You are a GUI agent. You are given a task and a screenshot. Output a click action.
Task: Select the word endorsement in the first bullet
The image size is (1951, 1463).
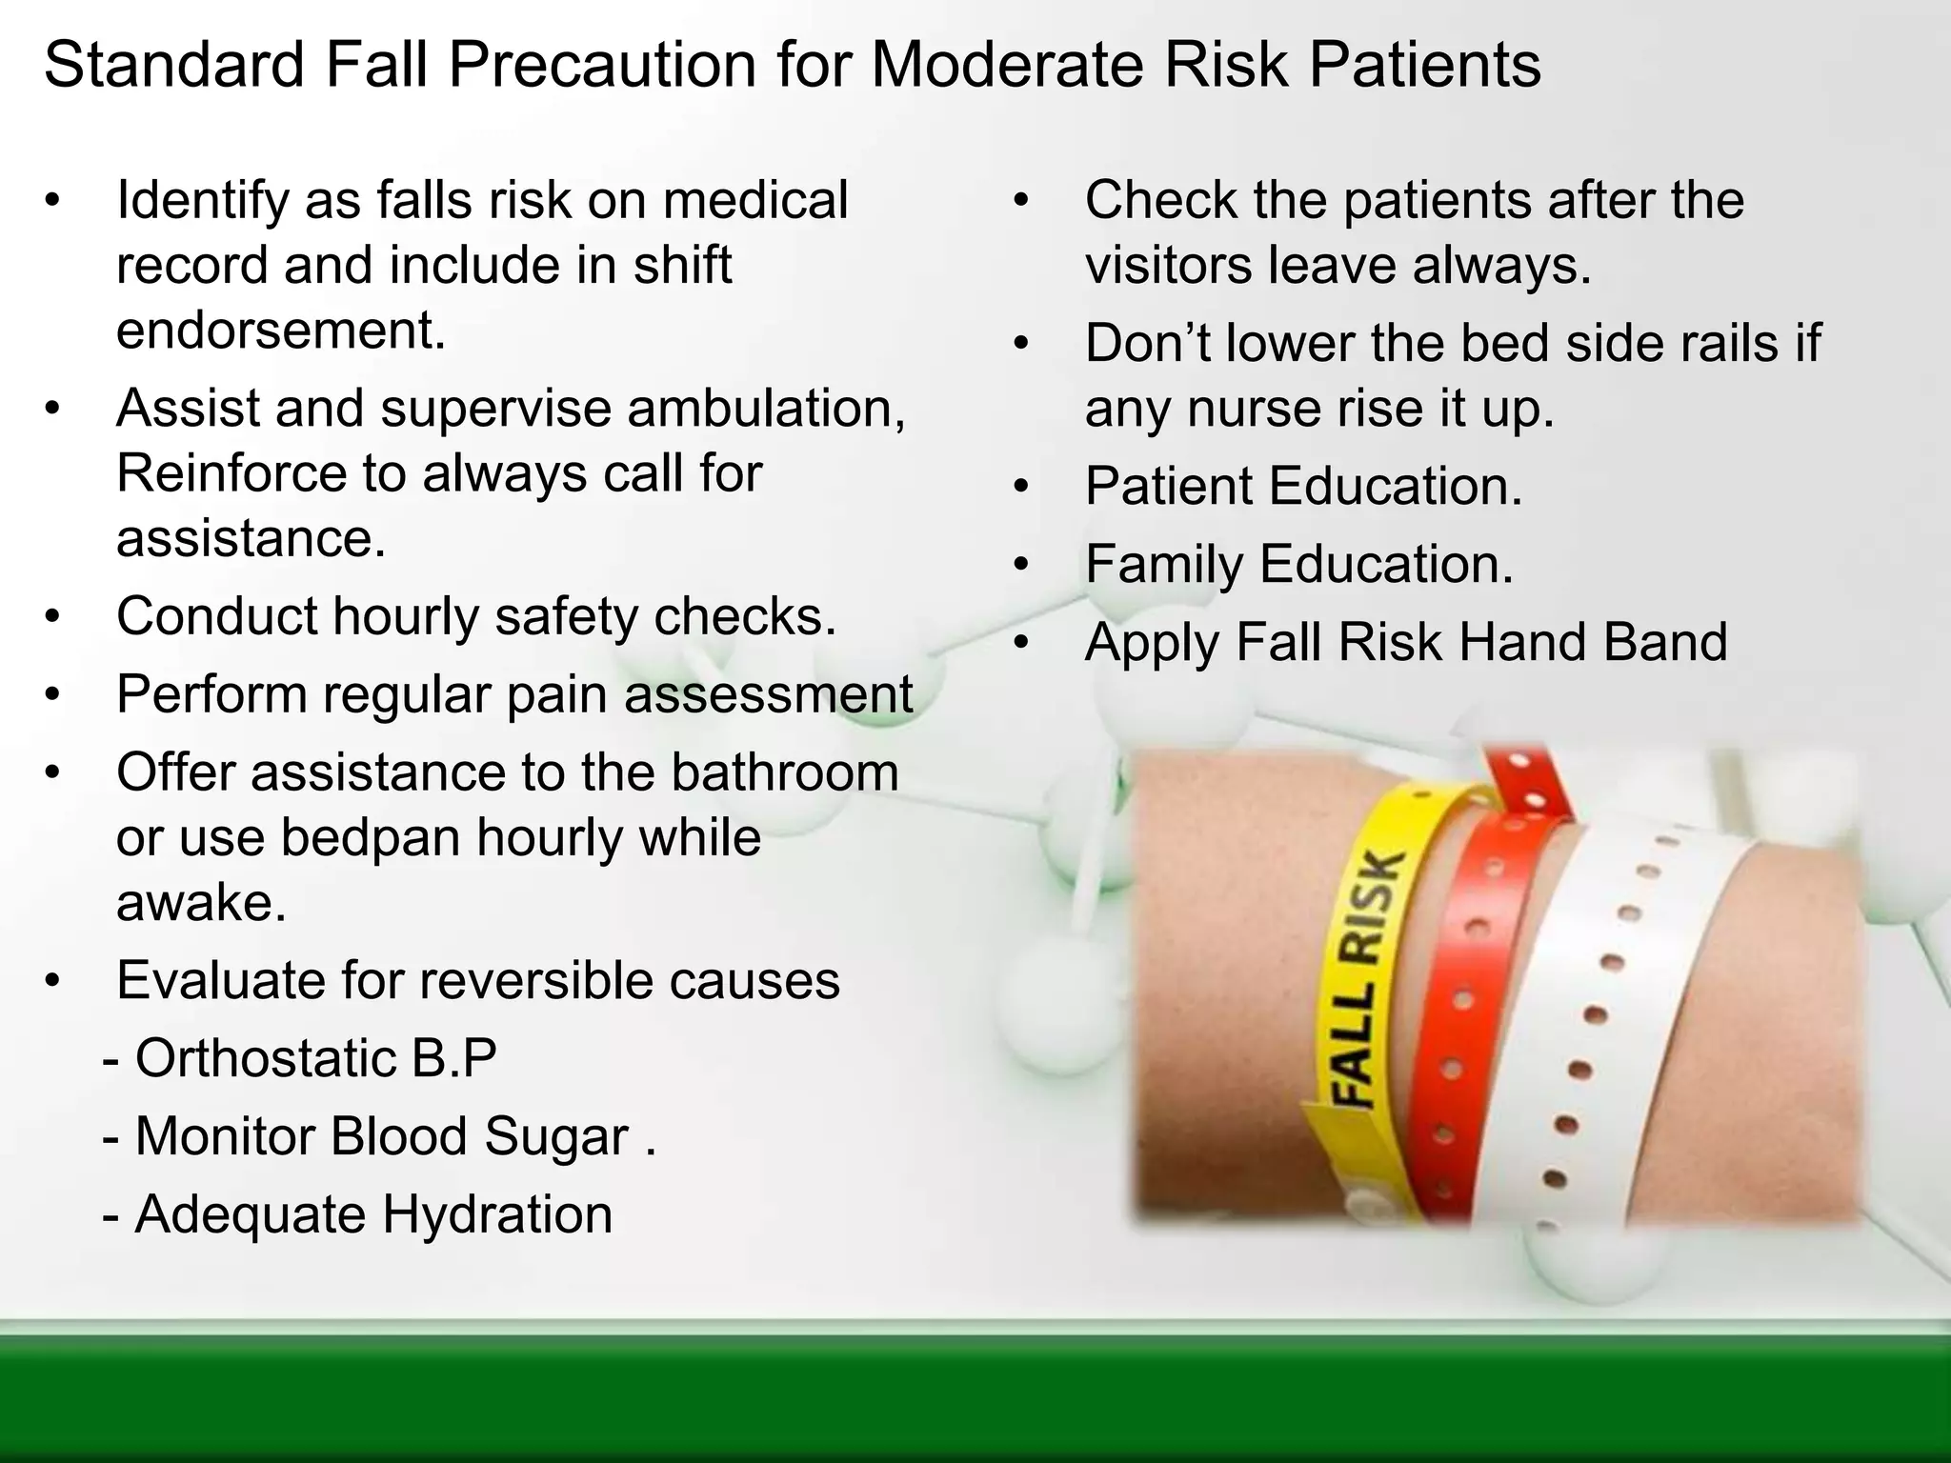[x=281, y=331]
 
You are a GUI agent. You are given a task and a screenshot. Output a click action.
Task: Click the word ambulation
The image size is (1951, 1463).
[x=767, y=408]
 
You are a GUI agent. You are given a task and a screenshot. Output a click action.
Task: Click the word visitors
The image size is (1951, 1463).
[x=1168, y=265]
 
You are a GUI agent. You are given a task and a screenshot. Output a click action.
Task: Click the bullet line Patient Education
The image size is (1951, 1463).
[x=1303, y=486]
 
